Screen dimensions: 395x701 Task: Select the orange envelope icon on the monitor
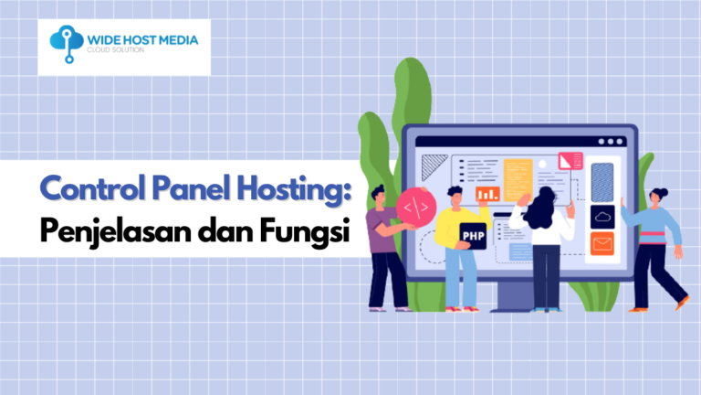(602, 244)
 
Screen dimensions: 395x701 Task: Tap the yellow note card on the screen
(518, 177)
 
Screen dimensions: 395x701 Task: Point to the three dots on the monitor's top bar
(613, 143)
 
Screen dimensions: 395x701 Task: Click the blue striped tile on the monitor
(602, 181)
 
